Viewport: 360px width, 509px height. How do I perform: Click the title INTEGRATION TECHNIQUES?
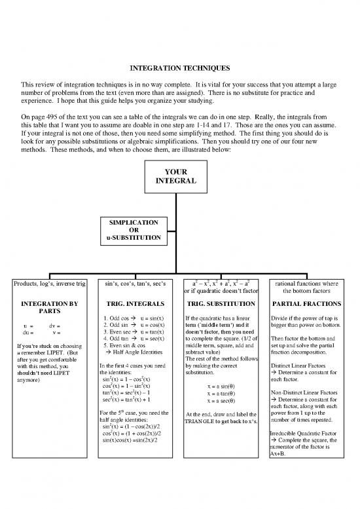(179, 67)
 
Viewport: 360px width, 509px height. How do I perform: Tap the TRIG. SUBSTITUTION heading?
(223, 304)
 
